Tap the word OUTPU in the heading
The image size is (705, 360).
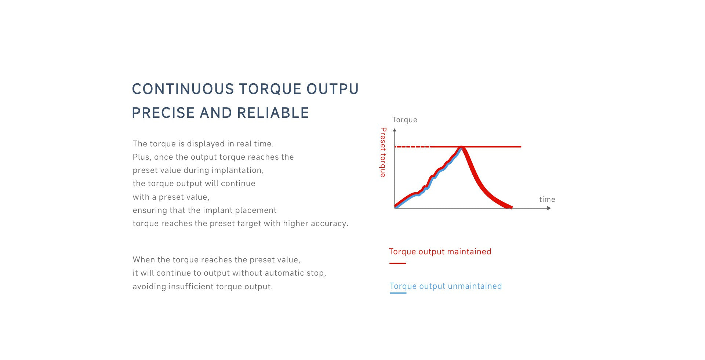[332, 89]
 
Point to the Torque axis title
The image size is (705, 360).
[404, 120]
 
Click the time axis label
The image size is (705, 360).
[547, 199]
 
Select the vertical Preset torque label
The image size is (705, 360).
[383, 152]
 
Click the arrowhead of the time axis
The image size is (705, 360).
[549, 208]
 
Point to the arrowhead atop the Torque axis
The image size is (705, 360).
[395, 130]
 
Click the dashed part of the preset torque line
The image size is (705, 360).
[412, 147]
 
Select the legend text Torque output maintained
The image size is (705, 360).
[440, 252]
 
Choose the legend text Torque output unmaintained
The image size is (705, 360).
[446, 286]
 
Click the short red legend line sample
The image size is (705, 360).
[397, 263]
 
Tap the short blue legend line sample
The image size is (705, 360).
[398, 293]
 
